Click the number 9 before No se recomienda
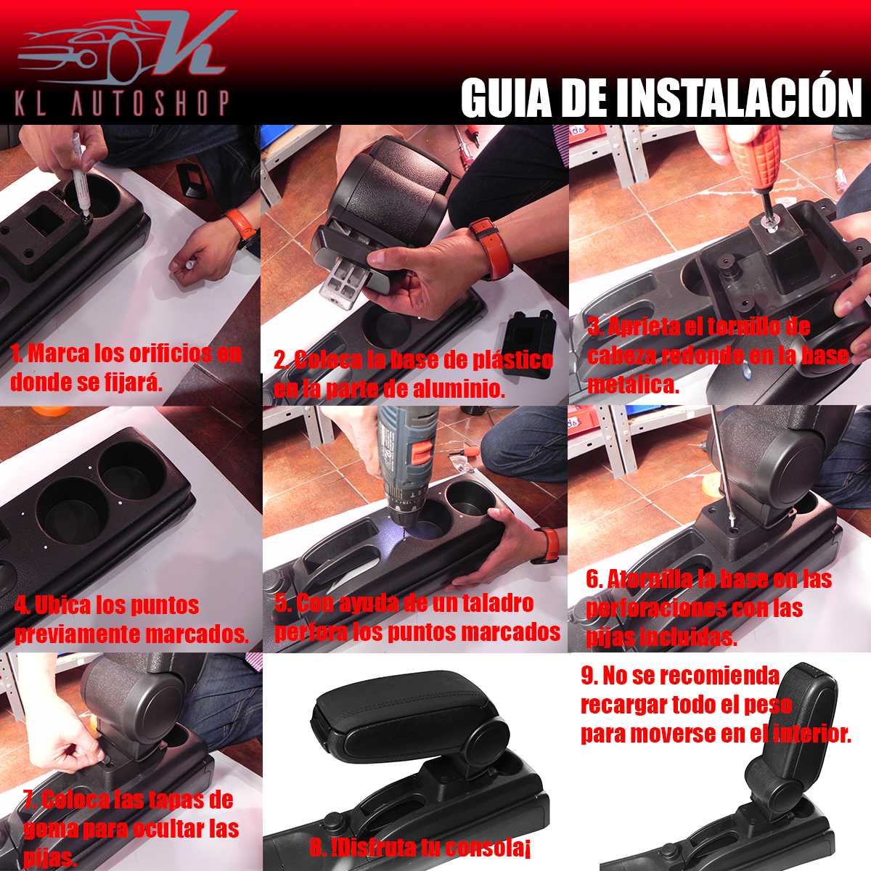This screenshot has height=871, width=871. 588,676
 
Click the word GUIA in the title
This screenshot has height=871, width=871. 506,98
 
